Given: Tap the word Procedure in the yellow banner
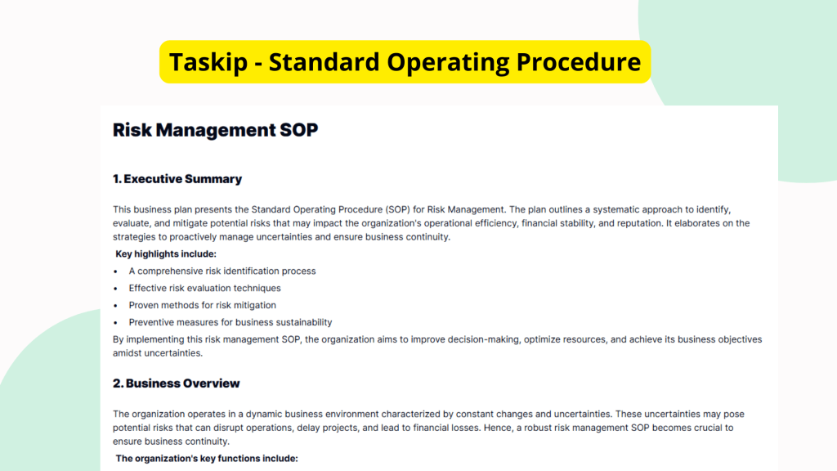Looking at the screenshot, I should tap(578, 61).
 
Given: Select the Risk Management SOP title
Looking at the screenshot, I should tap(215, 130).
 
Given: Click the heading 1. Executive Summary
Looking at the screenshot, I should tap(177, 179).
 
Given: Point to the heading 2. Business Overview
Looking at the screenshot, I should tap(177, 384).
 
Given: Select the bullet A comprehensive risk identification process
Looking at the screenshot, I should tap(222, 271).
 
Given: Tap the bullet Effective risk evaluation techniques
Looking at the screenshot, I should tap(204, 288).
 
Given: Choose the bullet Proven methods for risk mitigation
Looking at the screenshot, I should tap(202, 305).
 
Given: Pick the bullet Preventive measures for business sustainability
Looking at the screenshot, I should tap(230, 322).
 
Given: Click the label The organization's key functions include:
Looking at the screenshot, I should tap(207, 459).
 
